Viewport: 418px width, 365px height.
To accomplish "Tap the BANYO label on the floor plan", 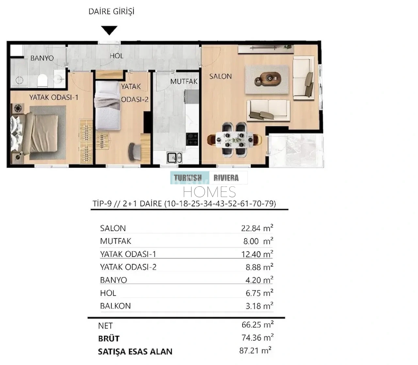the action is tap(42, 58).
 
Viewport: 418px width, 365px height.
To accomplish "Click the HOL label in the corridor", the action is tap(116, 56).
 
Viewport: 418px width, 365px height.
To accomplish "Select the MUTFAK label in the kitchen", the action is tap(184, 81).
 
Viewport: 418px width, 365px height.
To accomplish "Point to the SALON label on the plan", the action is tap(220, 76).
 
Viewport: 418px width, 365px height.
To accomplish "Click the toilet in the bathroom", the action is tap(42, 80).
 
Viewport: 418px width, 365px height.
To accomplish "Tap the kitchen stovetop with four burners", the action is tap(192, 139).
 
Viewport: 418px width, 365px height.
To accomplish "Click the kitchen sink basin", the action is tap(174, 158).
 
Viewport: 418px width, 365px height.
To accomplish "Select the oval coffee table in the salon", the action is tap(268, 78).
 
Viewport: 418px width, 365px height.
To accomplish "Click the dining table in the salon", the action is tap(234, 140).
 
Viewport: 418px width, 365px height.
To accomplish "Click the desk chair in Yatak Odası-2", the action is tap(135, 151).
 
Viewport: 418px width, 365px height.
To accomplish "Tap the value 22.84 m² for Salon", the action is tap(257, 228).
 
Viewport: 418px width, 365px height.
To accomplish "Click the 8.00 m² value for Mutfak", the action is tap(258, 241).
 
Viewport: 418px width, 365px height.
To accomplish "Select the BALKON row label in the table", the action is tap(115, 306).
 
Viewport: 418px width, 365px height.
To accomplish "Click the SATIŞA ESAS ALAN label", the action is tap(135, 352).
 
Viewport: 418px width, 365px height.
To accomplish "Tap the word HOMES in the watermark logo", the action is tap(209, 192).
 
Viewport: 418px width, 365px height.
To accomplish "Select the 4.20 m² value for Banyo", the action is tap(259, 280).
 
